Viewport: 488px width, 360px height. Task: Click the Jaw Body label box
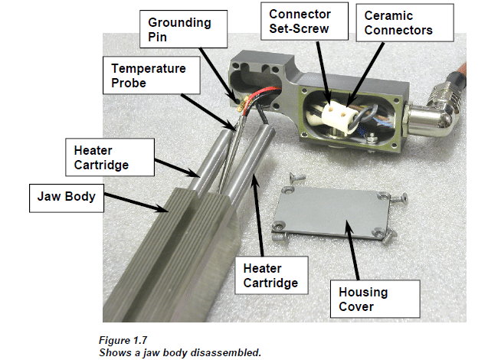coord(65,197)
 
